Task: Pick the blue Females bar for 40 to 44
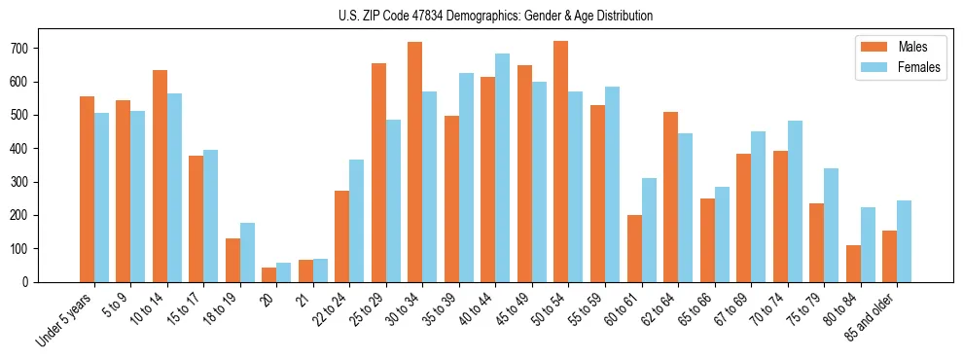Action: (x=502, y=167)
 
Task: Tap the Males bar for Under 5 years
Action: (x=87, y=189)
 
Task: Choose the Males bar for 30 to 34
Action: (x=414, y=162)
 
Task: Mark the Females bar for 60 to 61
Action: (x=648, y=230)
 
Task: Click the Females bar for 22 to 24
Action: (x=356, y=221)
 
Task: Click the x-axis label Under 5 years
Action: (x=64, y=318)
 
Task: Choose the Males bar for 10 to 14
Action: (x=160, y=176)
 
